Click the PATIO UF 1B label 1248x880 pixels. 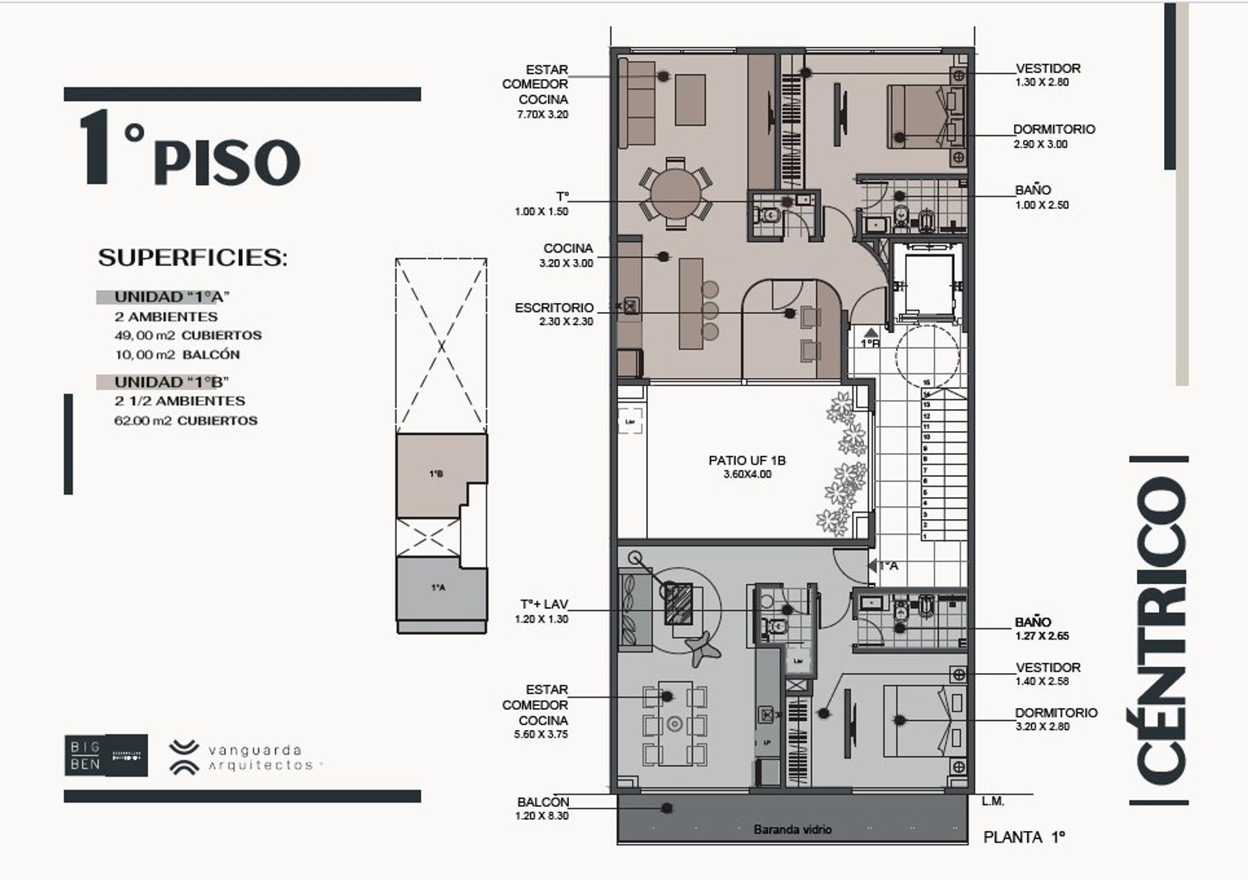747,466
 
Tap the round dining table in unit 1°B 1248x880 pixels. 675,194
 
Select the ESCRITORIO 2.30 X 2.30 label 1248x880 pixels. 554,314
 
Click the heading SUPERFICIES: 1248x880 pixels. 192,257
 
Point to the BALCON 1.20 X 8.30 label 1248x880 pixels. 543,808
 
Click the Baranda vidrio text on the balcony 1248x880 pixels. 792,829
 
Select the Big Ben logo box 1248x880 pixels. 106,755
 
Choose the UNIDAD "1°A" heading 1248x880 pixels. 171,297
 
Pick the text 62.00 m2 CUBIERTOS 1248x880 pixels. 186,420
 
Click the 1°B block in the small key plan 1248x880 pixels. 437,474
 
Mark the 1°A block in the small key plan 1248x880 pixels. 438,587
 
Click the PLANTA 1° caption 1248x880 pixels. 1024,837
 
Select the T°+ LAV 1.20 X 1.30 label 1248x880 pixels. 544,611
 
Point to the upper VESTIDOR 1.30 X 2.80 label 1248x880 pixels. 1047,75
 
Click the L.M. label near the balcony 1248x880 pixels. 992,801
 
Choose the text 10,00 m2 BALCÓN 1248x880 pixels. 177,354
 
